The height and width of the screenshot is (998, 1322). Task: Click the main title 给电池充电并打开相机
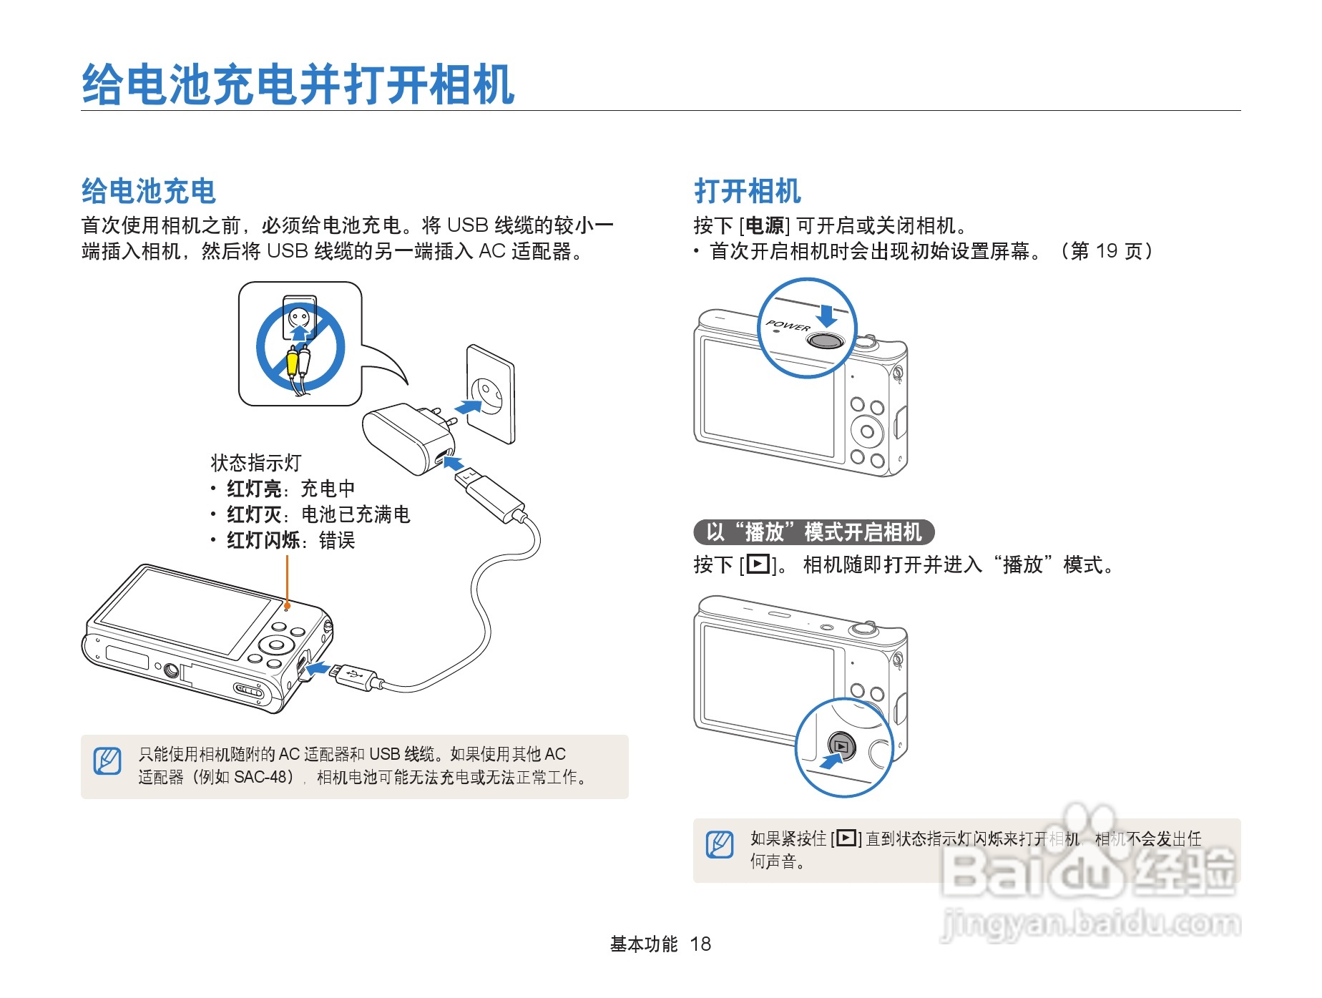[298, 84]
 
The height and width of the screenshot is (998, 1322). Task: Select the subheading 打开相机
[748, 191]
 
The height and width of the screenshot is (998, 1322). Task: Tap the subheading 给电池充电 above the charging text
[149, 191]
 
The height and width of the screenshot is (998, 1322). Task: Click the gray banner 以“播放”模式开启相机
[814, 532]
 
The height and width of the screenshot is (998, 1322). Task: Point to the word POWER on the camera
[788, 326]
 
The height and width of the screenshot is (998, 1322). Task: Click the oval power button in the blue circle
[826, 341]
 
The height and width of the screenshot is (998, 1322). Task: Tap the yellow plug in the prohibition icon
[292, 361]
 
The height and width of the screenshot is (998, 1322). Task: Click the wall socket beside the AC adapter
[491, 394]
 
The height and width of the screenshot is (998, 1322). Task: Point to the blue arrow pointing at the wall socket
[468, 407]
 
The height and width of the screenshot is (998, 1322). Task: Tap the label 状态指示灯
[256, 463]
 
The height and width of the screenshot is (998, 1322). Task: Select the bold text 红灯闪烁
[263, 540]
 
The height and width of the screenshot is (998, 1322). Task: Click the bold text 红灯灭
[254, 514]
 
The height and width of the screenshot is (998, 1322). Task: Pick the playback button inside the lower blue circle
[842, 746]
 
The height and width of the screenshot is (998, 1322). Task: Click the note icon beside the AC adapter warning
[107, 760]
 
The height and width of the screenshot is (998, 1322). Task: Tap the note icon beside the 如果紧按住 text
[720, 844]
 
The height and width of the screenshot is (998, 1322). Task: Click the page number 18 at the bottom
[700, 944]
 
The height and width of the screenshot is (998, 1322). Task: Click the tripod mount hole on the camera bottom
[171, 670]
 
